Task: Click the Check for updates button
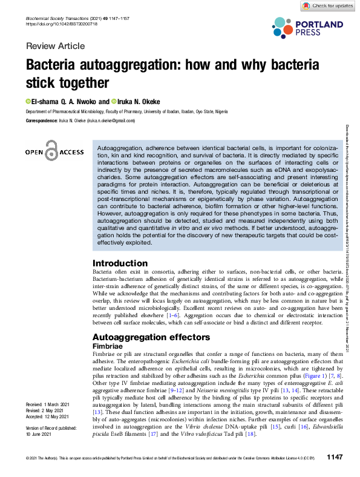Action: pos(327,5)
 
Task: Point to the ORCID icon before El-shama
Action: pos(27,101)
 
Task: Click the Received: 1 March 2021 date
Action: pos(48,404)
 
